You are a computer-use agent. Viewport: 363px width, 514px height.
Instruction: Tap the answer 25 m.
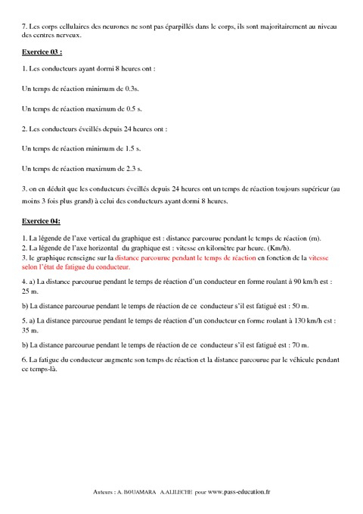[x=30, y=290]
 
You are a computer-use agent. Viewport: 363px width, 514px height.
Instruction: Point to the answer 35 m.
[x=30, y=330]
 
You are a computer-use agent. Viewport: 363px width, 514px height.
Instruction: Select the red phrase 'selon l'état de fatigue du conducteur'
[x=76, y=266]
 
